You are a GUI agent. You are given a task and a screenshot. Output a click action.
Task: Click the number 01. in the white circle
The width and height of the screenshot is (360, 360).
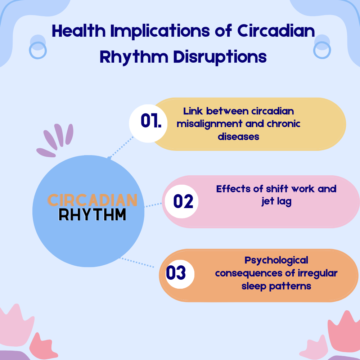click(x=151, y=121)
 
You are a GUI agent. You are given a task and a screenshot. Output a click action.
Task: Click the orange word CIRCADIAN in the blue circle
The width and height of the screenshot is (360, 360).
click(x=92, y=200)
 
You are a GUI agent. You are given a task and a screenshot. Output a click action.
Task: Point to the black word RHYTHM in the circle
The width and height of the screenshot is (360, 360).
click(x=92, y=215)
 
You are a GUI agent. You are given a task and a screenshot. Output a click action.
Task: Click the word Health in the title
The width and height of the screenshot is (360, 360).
click(x=78, y=31)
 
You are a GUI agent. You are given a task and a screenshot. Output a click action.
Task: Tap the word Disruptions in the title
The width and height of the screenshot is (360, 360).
click(x=220, y=57)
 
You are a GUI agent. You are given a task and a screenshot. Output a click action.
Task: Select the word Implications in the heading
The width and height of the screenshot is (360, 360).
click(x=160, y=31)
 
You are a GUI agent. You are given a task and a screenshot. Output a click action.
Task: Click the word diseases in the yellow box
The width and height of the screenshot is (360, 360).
click(x=239, y=137)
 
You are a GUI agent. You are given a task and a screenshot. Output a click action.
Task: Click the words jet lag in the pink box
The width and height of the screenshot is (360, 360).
click(x=276, y=202)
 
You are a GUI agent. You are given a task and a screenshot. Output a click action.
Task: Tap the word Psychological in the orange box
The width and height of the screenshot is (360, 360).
click(x=276, y=261)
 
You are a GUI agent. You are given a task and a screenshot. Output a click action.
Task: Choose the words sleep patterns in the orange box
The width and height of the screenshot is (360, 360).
click(x=276, y=286)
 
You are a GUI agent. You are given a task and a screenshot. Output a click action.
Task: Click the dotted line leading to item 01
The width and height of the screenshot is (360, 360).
click(x=121, y=147)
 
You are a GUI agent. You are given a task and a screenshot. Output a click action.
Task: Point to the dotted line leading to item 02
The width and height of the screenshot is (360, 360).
click(x=153, y=205)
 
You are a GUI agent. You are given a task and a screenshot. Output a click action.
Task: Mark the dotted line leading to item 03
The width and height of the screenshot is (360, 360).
click(x=137, y=262)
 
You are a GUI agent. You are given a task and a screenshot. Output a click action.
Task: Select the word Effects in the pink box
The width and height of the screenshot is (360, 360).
click(x=233, y=189)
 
